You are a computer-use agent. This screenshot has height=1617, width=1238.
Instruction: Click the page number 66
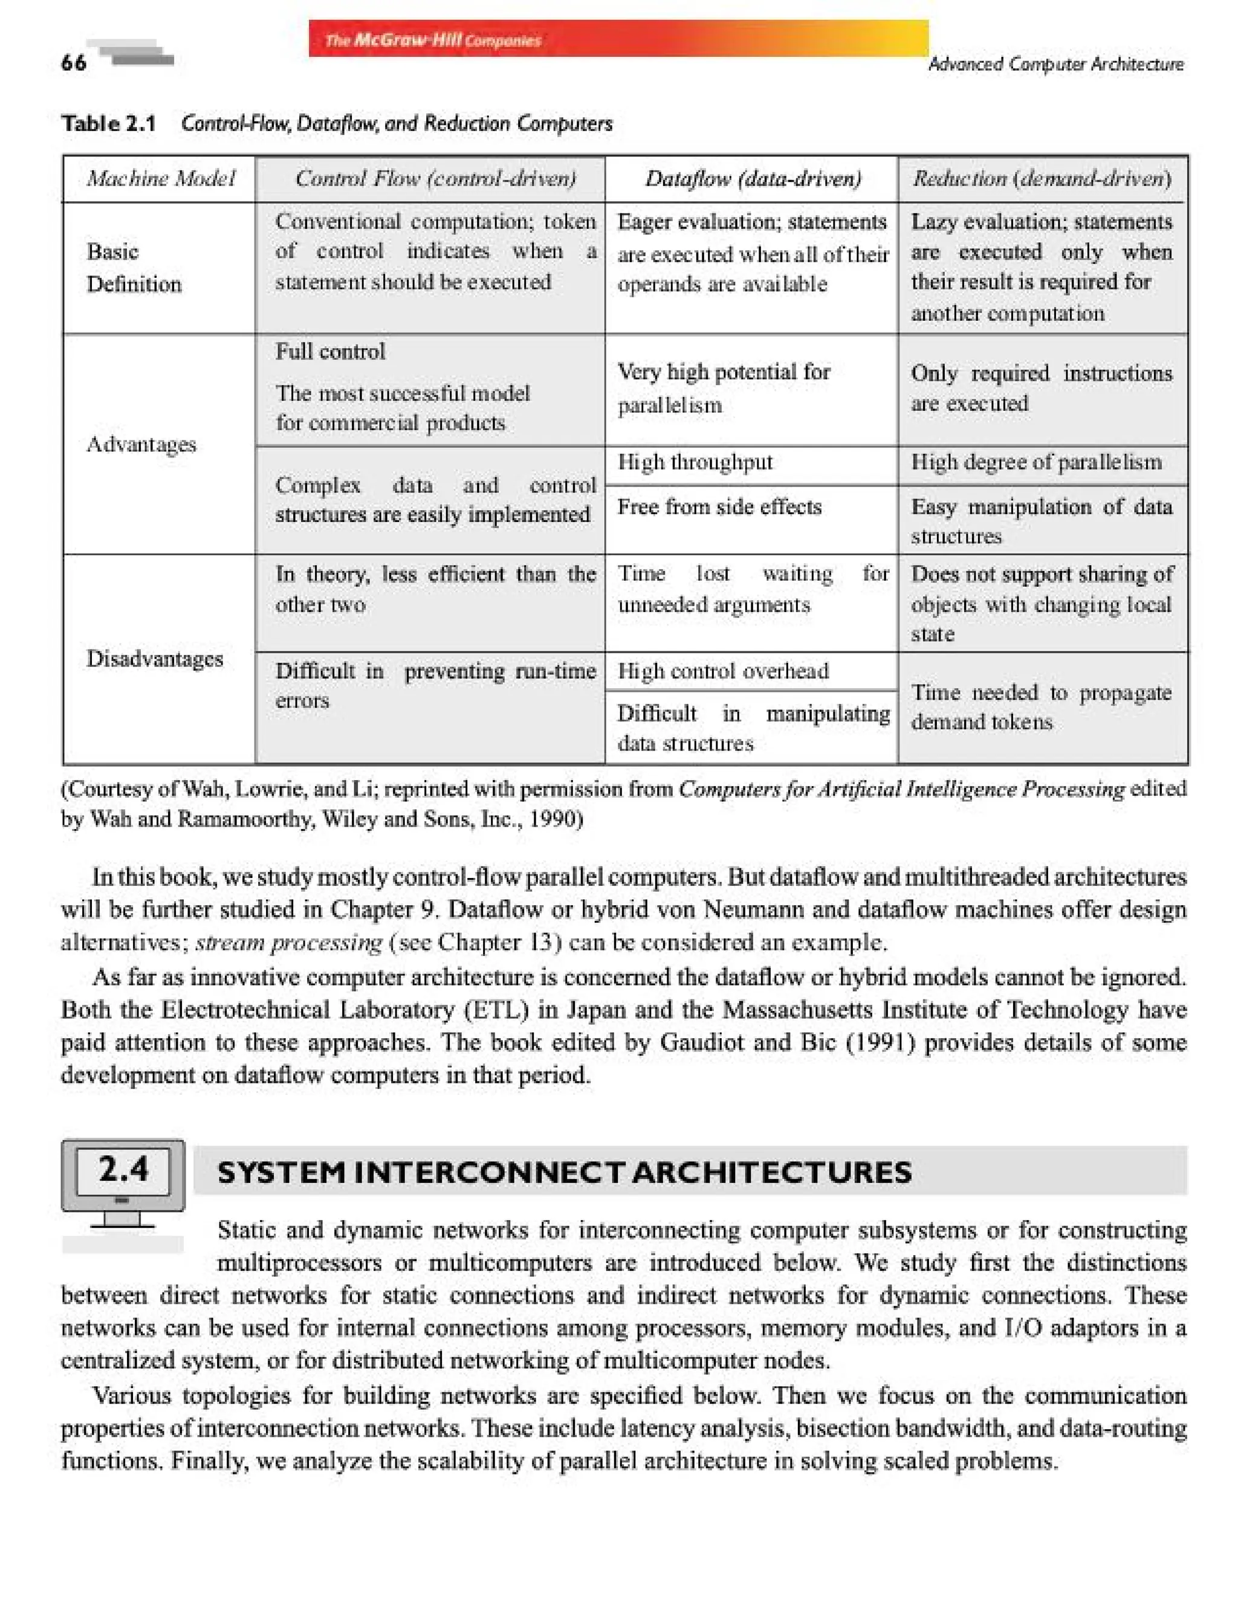coord(74,63)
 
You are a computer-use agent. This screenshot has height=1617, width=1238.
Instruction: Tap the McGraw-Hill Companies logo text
coord(433,40)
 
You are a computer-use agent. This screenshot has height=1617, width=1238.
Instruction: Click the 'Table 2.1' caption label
coord(108,123)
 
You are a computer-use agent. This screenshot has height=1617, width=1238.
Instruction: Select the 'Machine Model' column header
coord(160,178)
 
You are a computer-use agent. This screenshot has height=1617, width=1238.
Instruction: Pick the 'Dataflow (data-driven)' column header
coord(753,178)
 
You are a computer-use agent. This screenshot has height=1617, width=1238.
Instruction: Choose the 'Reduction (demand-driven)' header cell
coord(1042,178)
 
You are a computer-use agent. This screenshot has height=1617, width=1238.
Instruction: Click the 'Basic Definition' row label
coord(134,268)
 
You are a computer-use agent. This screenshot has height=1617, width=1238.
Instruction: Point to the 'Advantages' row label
coord(141,444)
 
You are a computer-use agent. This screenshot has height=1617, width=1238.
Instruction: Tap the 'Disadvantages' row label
coord(154,658)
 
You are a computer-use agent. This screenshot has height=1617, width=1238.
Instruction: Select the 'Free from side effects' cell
coord(719,507)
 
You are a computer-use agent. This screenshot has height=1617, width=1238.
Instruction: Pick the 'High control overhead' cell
coord(723,671)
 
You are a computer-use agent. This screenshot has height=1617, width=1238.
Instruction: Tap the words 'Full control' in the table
coord(330,352)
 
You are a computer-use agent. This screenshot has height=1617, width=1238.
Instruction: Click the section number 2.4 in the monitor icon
coord(123,1169)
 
